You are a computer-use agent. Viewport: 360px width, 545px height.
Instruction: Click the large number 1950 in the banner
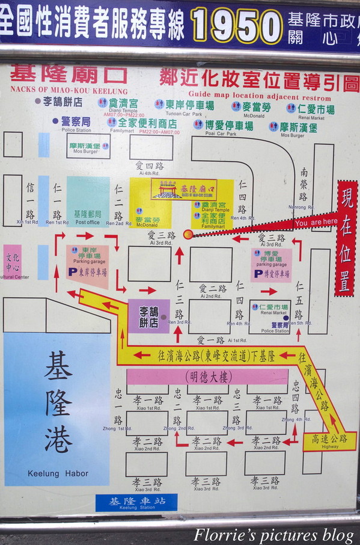(237, 27)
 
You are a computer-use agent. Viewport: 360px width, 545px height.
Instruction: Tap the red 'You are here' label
(316, 223)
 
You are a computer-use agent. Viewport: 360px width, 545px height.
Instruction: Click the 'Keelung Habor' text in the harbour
(58, 473)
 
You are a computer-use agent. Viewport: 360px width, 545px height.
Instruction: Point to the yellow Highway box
(330, 441)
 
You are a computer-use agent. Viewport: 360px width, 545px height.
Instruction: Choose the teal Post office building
(88, 201)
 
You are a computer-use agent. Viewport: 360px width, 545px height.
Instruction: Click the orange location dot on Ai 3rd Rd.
(188, 234)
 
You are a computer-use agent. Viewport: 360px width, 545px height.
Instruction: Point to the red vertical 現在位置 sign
(346, 247)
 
